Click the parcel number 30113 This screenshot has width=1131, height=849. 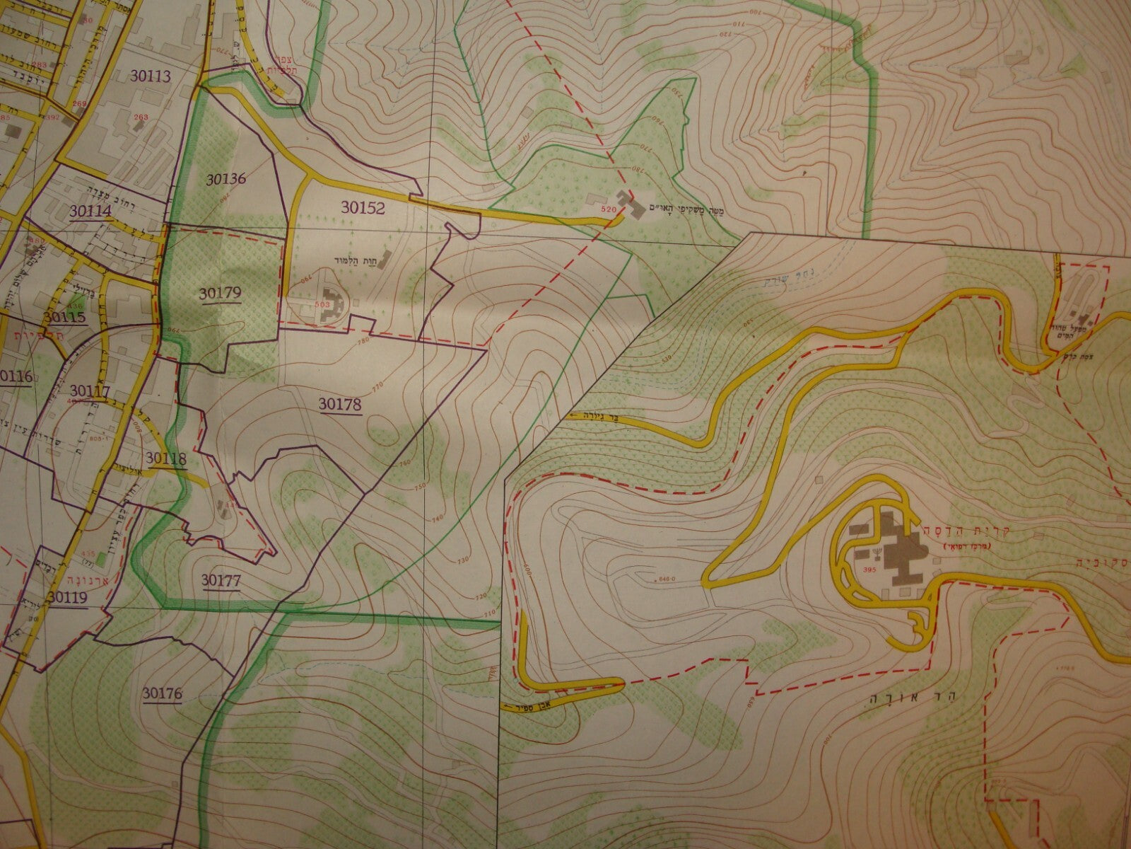pos(151,76)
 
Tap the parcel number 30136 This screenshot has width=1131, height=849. pos(226,178)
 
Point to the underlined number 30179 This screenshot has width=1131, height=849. pos(221,293)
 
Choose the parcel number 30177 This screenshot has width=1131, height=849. pos(221,580)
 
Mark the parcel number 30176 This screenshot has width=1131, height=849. pos(161,694)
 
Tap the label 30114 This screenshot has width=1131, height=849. pos(90,211)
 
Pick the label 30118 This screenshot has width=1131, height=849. pos(165,459)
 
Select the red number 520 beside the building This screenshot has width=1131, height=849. pos(607,209)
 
